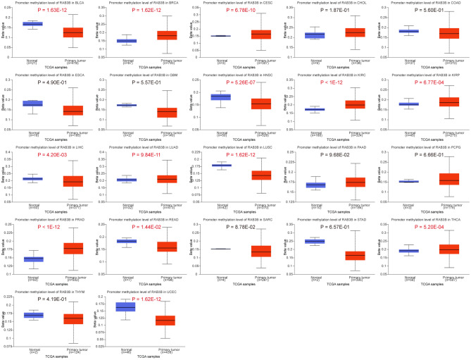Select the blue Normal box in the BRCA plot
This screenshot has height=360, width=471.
(x=127, y=41)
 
